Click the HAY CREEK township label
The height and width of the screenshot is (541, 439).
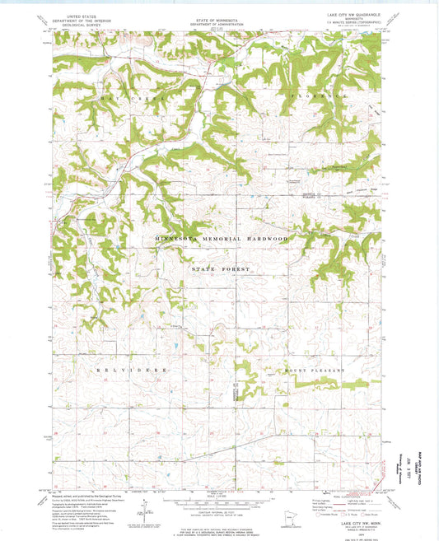120,99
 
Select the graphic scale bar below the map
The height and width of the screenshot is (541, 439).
218,497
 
